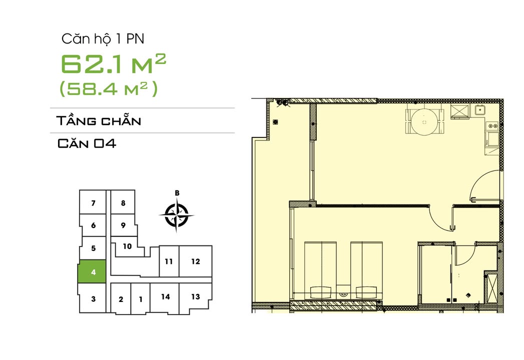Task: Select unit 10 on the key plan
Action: (127, 246)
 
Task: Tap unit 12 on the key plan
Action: (196, 261)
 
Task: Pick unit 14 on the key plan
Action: (165, 297)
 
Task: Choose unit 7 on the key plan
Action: (93, 203)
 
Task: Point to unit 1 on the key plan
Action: (141, 299)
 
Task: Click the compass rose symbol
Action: (177, 215)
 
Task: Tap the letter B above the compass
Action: (177, 193)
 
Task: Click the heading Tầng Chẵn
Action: (99, 121)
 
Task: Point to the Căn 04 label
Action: (87, 144)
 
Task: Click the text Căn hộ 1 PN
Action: (103, 38)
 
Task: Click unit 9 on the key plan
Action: (123, 225)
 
